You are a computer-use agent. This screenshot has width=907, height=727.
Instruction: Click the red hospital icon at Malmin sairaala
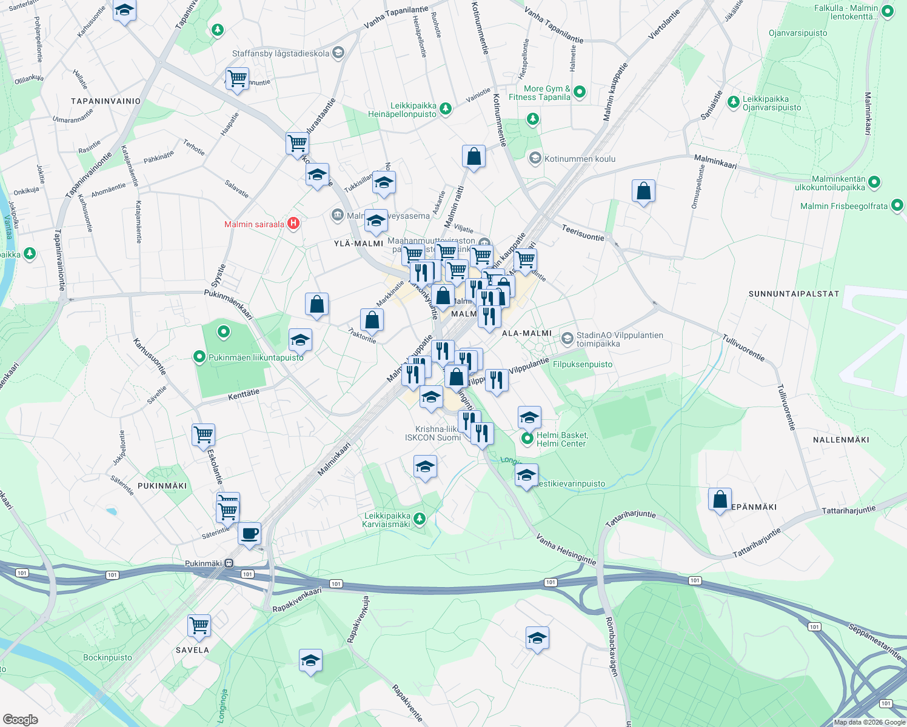(x=293, y=224)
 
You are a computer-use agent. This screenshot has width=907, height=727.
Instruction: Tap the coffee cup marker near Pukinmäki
(x=249, y=534)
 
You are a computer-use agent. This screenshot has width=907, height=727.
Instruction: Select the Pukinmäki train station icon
(x=229, y=563)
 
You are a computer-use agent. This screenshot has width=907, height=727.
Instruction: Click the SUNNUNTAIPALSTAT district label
(x=794, y=294)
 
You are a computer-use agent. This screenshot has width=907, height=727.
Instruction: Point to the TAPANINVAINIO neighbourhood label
(x=105, y=101)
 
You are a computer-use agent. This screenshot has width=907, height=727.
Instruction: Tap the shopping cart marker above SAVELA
(x=199, y=625)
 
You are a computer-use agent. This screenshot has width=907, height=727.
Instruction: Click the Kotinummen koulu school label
(x=580, y=159)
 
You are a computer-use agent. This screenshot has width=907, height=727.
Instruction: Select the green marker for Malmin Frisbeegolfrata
(x=897, y=206)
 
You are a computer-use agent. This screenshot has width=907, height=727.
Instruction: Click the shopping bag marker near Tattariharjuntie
(x=720, y=500)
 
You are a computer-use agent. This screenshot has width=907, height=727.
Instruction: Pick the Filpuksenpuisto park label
(x=583, y=364)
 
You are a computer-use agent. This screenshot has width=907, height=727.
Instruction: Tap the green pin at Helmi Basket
(x=527, y=438)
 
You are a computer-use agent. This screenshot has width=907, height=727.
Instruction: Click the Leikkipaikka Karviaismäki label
(x=387, y=520)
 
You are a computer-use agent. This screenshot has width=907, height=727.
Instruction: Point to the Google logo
(x=20, y=719)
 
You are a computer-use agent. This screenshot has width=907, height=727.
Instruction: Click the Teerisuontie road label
(x=583, y=233)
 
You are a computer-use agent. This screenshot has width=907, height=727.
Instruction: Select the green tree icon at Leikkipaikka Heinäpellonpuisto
(x=446, y=108)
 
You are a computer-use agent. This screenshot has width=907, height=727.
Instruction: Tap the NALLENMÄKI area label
(x=841, y=440)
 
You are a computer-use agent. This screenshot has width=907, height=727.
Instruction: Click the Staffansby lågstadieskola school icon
(x=338, y=53)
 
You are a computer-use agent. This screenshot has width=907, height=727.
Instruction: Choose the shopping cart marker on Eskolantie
(x=203, y=434)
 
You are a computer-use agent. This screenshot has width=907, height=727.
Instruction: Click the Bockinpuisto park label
(x=107, y=657)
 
